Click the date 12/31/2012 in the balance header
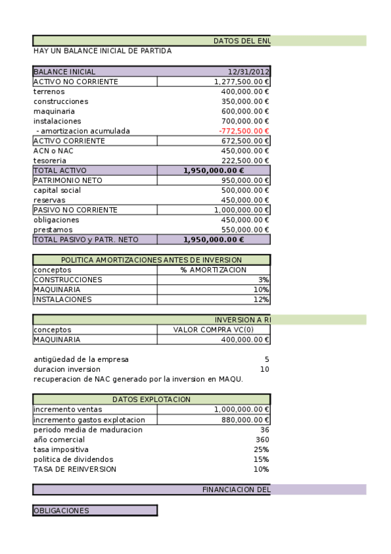click(x=248, y=72)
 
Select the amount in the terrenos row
click(x=245, y=91)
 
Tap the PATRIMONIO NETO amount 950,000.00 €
click(x=245, y=180)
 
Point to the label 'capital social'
click(x=57, y=190)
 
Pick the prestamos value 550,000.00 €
click(x=245, y=230)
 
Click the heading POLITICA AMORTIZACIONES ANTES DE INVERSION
click(x=151, y=260)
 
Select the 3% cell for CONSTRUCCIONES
click(x=263, y=280)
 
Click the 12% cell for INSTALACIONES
click(x=261, y=299)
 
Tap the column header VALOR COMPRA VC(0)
click(x=213, y=330)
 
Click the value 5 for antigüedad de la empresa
click(x=266, y=359)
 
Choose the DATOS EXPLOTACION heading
click(x=151, y=399)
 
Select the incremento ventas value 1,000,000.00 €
click(x=242, y=410)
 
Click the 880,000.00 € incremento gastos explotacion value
click(x=245, y=420)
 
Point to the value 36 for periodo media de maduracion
click(x=264, y=430)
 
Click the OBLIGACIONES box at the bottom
click(x=95, y=511)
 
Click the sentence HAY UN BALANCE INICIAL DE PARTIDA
click(x=102, y=51)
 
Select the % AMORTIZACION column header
click(x=213, y=270)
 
